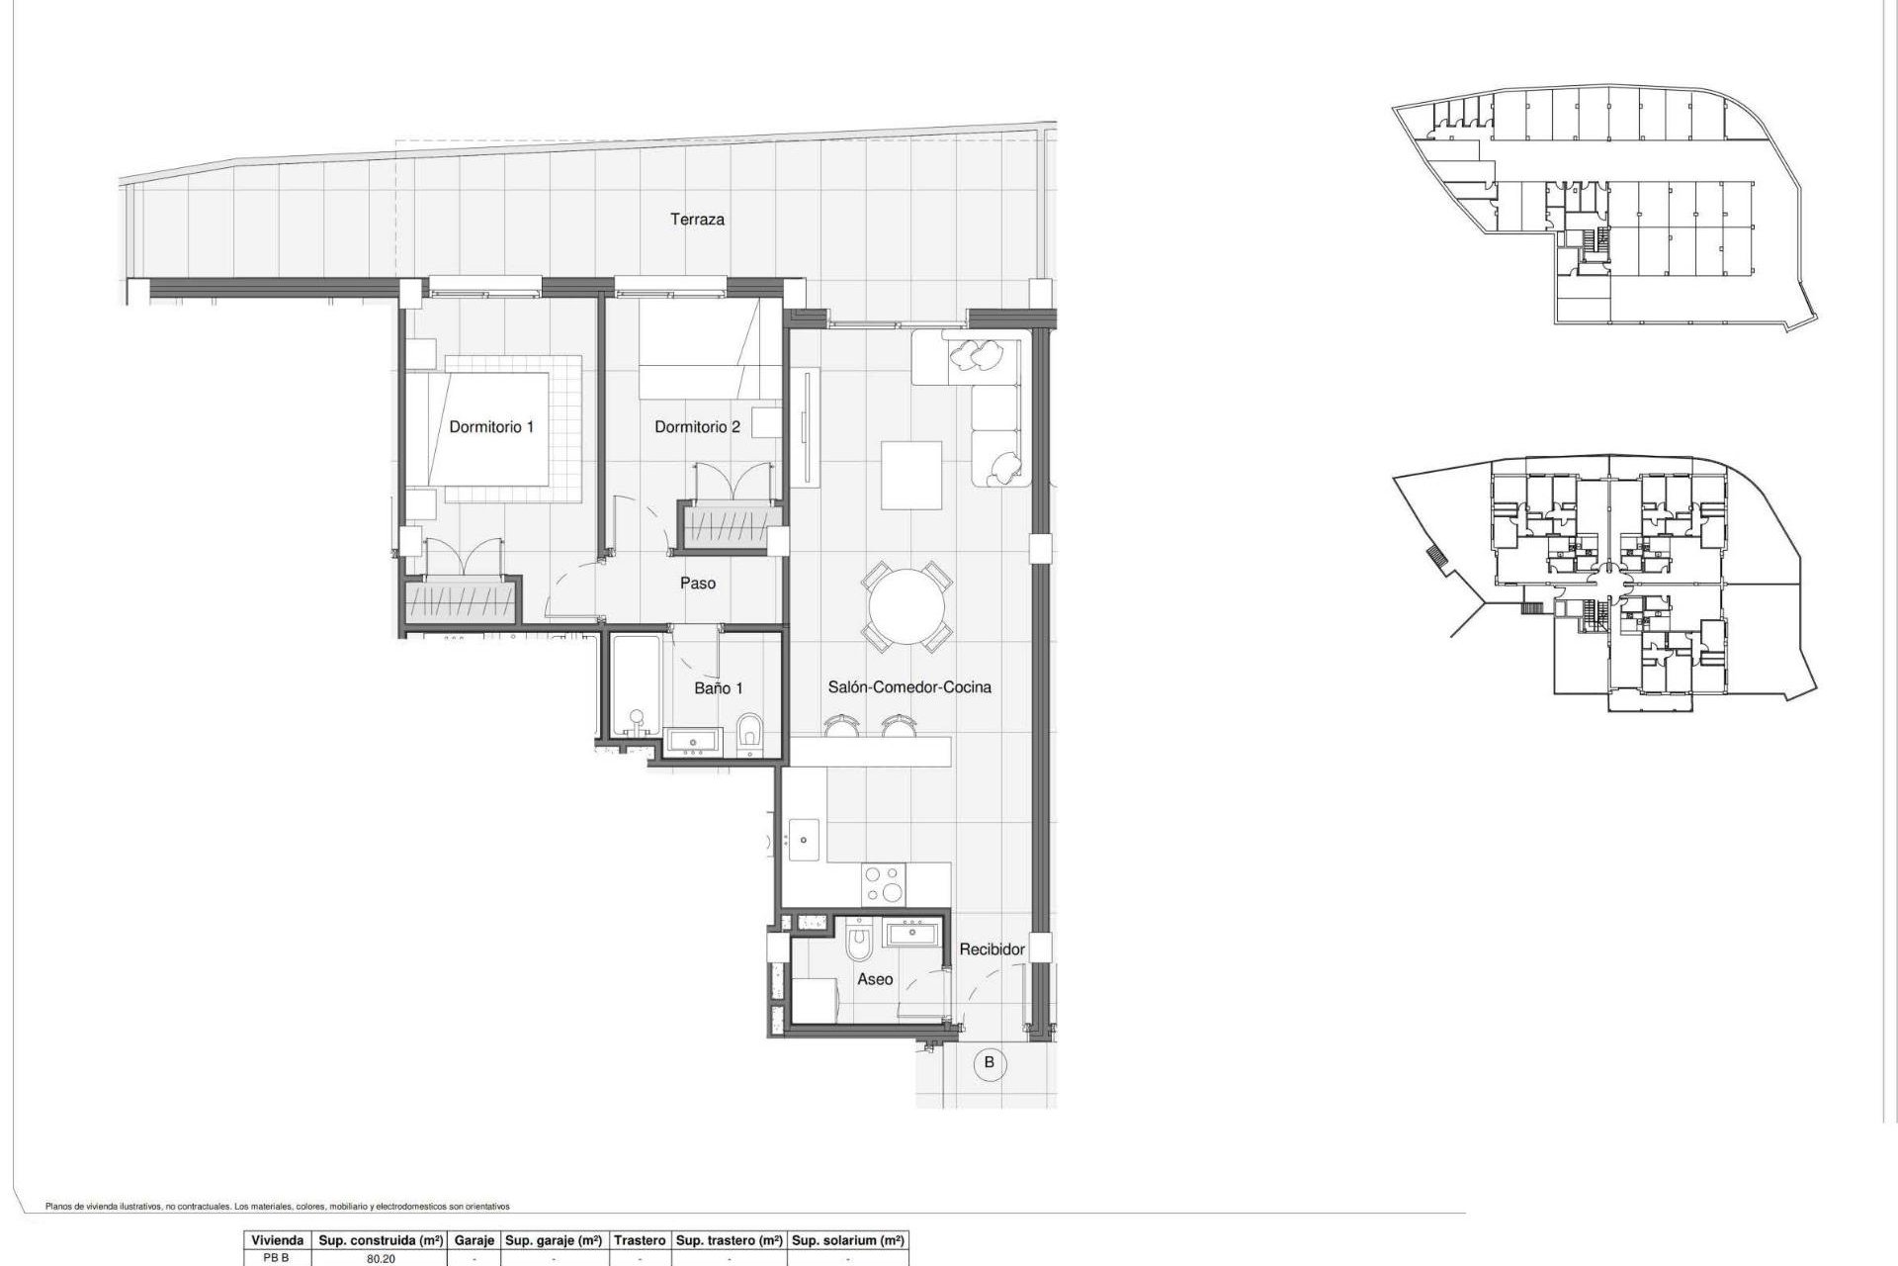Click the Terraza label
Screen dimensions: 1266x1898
coord(697,220)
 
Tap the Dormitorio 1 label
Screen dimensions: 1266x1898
coord(491,427)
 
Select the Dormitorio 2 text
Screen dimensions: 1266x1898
coord(697,427)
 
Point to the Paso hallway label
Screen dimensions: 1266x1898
coord(698,584)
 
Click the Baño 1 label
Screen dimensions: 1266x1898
coord(718,688)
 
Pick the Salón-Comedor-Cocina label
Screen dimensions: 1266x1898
coord(909,687)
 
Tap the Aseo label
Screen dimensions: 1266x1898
coord(875,979)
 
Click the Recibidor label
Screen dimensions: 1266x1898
coord(992,949)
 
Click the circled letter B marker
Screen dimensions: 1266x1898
coord(989,1064)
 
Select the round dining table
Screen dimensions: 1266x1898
coord(907,606)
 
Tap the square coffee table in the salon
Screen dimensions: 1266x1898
coord(911,475)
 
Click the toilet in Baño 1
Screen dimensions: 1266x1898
coord(749,734)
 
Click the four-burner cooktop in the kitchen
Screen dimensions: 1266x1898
coord(883,883)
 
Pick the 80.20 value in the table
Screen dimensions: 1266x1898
coord(381,1259)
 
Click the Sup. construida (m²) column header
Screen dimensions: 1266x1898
coord(381,1240)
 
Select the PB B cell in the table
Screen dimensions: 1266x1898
coord(276,1258)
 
